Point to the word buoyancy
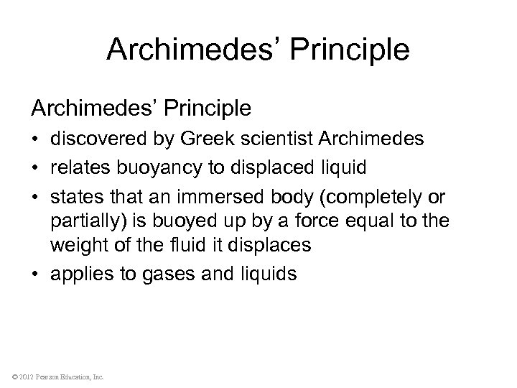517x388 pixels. pos(153,167)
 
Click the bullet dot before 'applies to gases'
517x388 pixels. pos(36,273)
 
